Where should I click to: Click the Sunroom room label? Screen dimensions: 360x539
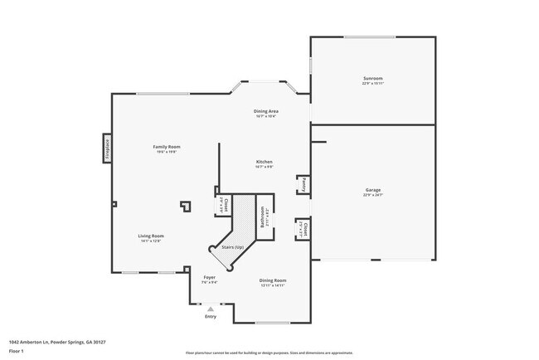tap(372, 79)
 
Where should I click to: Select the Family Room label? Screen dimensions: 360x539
tap(167, 148)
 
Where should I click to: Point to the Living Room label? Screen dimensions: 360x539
tap(150, 236)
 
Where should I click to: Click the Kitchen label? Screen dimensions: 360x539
tap(264, 162)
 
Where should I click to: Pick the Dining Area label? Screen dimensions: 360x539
tap(265, 111)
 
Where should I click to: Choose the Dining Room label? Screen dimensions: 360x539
tap(272, 280)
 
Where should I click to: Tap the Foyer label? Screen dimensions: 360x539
tap(209, 278)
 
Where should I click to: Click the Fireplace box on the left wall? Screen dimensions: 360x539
tap(106, 147)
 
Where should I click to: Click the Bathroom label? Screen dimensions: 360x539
tap(263, 217)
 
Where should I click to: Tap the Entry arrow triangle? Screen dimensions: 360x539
tap(210, 309)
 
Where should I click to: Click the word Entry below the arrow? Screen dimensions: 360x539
tap(210, 316)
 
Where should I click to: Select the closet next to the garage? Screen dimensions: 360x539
tap(303, 229)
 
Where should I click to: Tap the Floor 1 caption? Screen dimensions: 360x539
tap(17, 352)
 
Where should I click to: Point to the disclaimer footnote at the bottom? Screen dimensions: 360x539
tap(269, 353)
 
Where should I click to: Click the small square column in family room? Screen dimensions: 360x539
tap(187, 204)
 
